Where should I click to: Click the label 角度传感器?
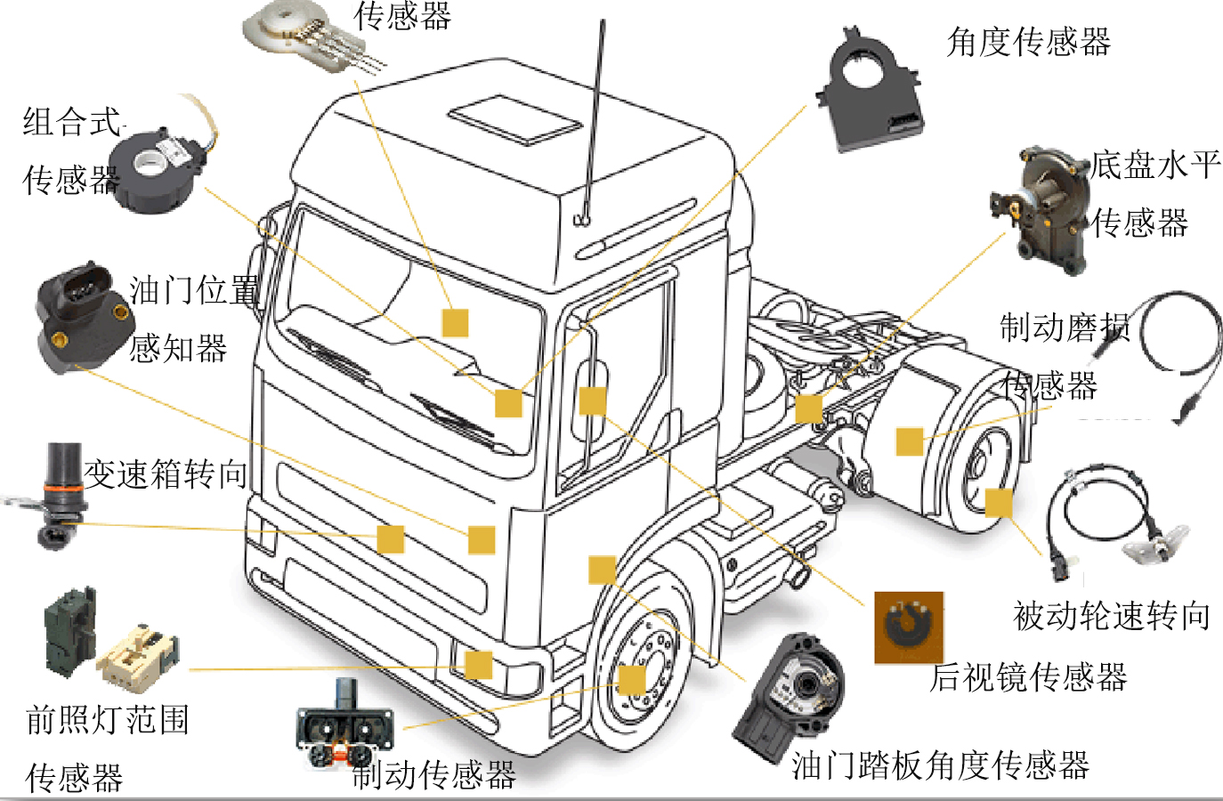pyautogui.click(x=1029, y=42)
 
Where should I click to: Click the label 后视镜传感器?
pyautogui.click(x=1029, y=677)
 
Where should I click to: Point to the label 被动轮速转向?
pyautogui.click(x=1112, y=615)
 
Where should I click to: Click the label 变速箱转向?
pyautogui.click(x=166, y=474)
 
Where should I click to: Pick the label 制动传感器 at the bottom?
pyautogui.click(x=434, y=775)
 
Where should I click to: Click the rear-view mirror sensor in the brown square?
pyautogui.click(x=908, y=627)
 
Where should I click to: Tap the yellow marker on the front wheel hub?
pyautogui.click(x=631, y=680)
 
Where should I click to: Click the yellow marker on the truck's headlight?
pyautogui.click(x=478, y=665)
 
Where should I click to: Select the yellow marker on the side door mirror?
pyautogui.click(x=592, y=400)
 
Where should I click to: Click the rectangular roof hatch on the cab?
pyautogui.click(x=515, y=120)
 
